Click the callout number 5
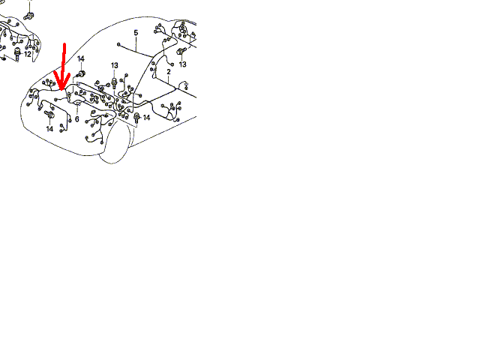coord(136,33)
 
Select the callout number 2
coord(169,72)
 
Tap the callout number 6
coord(76,118)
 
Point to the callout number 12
coord(28,55)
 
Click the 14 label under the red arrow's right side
coord(81,58)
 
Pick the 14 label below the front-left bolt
coord(49,129)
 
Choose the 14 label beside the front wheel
coord(146,118)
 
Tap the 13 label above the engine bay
coord(115,65)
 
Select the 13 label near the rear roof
coord(182,64)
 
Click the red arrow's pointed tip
coord(61,90)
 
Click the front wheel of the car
coord(115,142)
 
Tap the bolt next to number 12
coord(17,54)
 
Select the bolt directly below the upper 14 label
coord(81,73)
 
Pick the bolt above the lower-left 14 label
coord(49,115)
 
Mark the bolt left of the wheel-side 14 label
coord(136,118)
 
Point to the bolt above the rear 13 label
coord(181,52)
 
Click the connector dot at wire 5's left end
coord(118,44)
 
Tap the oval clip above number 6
coord(78,103)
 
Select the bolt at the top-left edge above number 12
coord(29,15)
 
